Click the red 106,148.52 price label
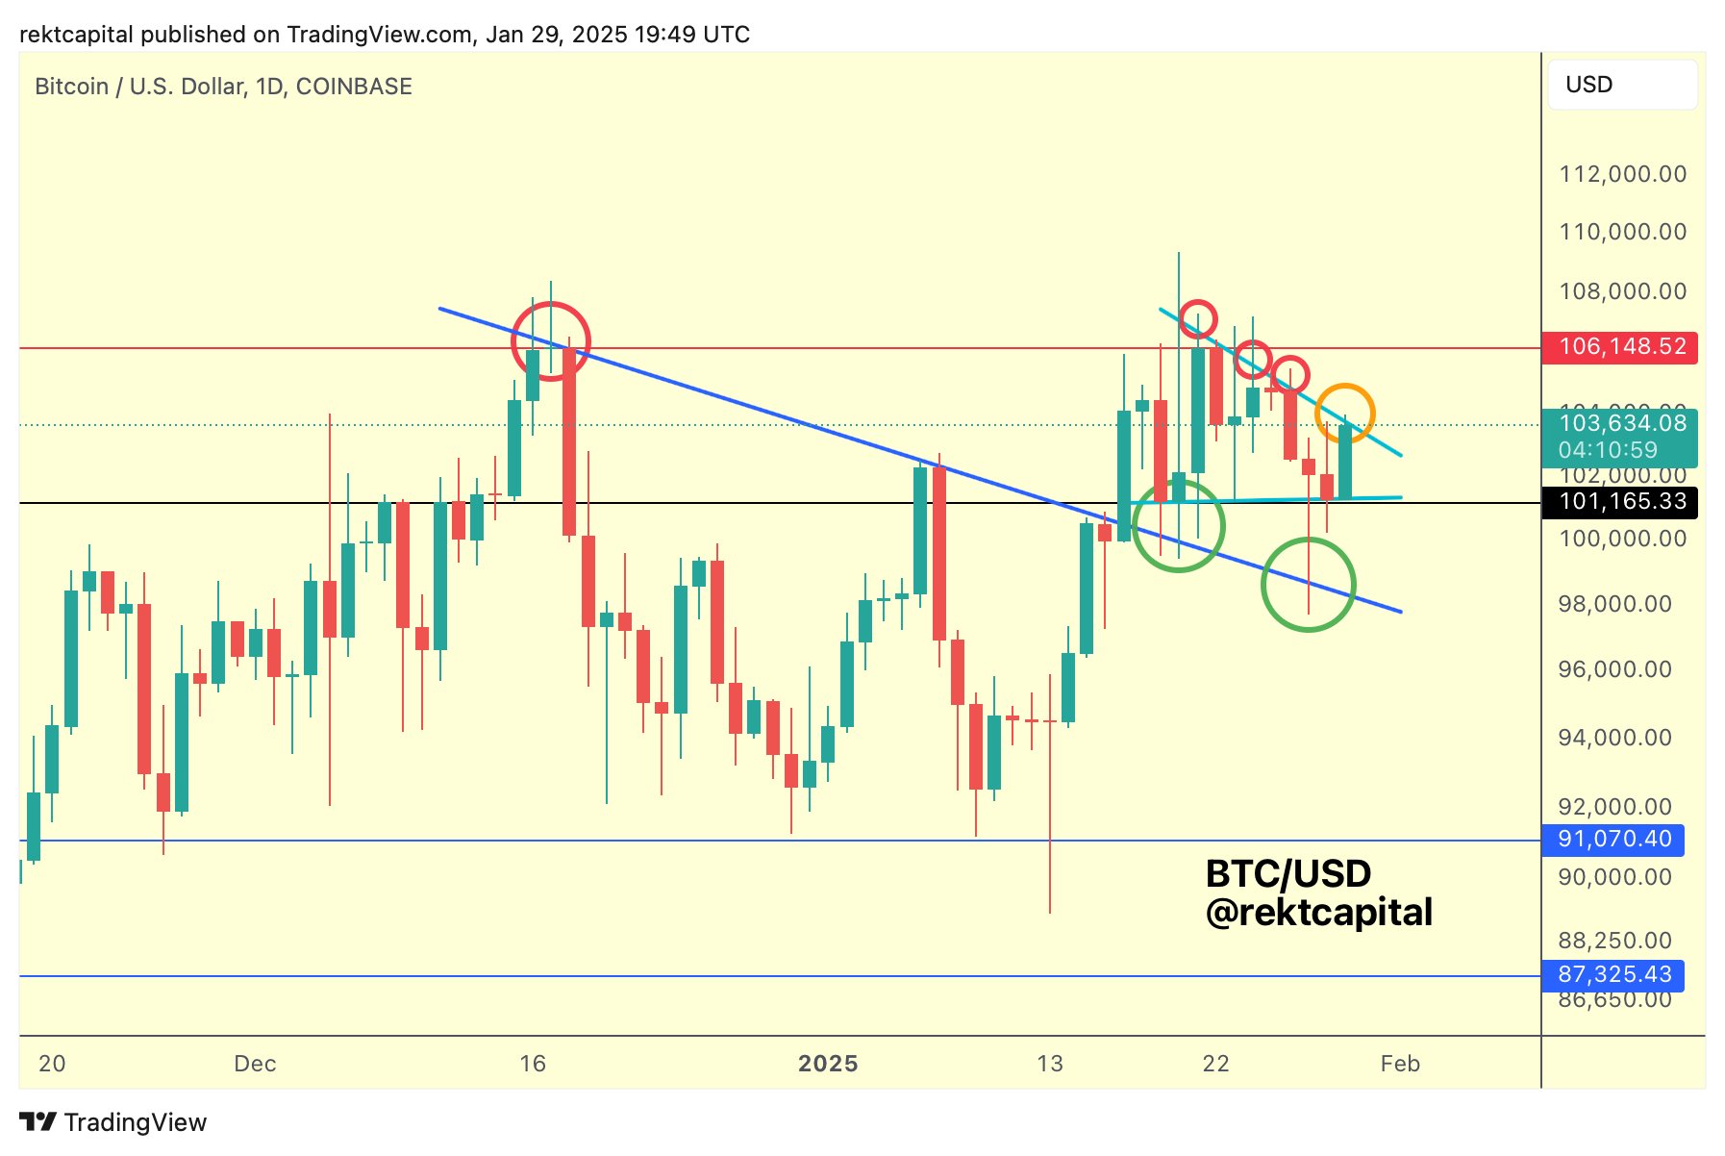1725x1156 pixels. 1620,346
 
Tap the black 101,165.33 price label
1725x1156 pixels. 1620,502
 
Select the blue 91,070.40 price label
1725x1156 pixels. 1613,840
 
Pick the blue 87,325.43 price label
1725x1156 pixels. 1613,975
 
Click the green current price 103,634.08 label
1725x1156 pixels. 1621,423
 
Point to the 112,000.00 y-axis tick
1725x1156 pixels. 1622,174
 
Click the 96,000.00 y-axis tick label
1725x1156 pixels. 1614,669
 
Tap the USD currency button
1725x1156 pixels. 1621,85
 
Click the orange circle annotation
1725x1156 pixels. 1344,413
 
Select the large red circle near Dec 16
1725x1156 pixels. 551,340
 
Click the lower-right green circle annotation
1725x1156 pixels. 1308,585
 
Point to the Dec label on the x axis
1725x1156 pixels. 255,1064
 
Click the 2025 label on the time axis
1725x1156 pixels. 828,1064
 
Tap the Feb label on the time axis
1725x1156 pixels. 1399,1064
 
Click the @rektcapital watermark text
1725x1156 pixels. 1318,913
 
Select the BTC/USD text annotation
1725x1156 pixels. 1287,874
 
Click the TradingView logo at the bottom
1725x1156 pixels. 113,1122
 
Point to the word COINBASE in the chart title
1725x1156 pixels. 354,87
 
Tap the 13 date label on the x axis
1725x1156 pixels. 1050,1064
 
